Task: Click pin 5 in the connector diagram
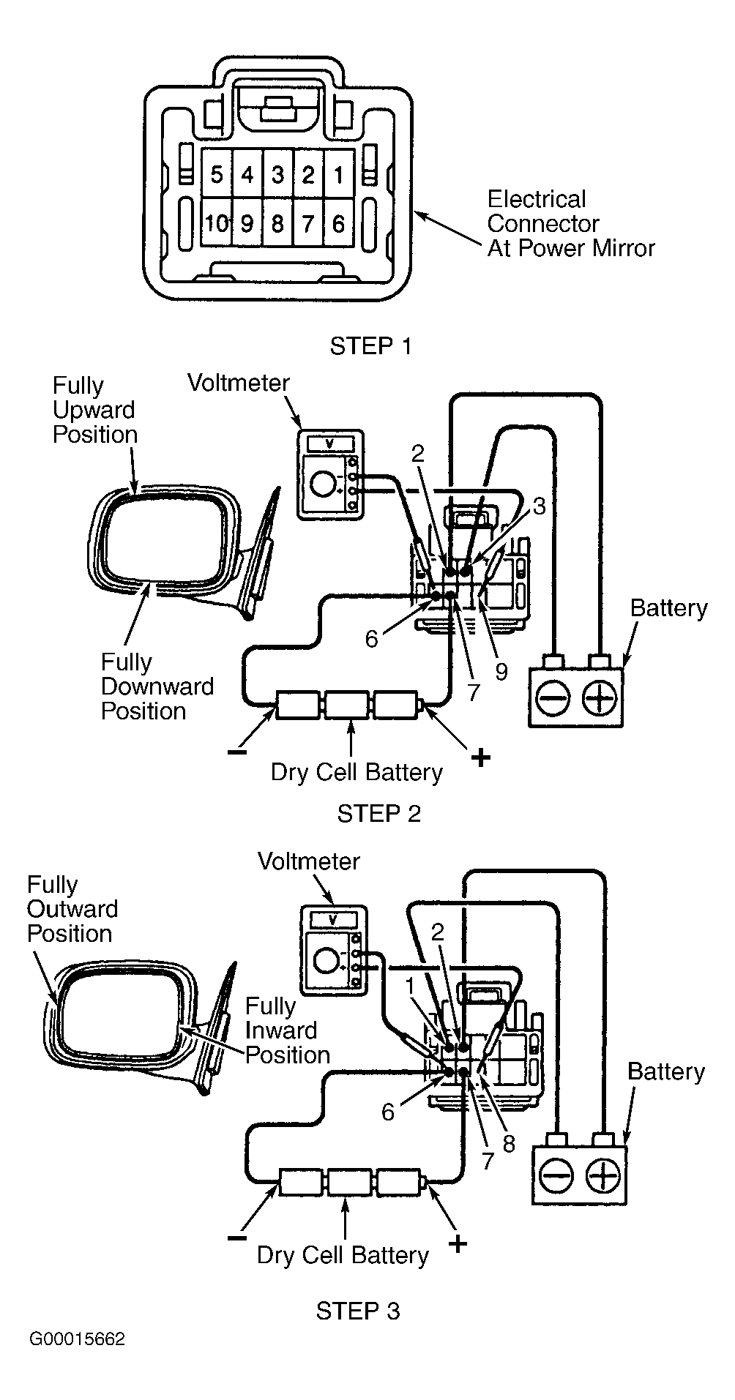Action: (217, 175)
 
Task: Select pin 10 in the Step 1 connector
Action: (217, 222)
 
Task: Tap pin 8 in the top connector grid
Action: (277, 222)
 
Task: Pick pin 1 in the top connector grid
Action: (338, 175)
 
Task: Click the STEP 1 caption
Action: (370, 346)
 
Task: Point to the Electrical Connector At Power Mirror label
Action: (570, 224)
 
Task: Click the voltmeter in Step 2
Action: (331, 475)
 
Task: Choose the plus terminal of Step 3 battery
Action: (603, 1176)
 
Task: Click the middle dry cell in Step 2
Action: (346, 705)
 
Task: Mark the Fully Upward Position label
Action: (94, 410)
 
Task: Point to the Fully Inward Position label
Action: (286, 1030)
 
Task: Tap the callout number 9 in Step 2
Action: (501, 672)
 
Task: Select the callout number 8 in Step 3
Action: (509, 1143)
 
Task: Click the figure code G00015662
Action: (77, 1339)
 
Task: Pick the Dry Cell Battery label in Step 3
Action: (342, 1255)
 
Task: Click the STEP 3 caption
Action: (358, 1310)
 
